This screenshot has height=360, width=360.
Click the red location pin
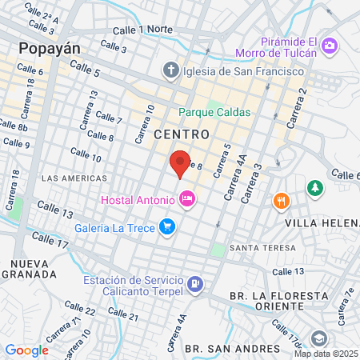pyautogui.click(x=181, y=163)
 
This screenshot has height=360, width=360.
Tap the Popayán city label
pyautogui.click(x=50, y=48)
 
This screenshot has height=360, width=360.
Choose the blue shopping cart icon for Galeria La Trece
pyautogui.click(x=166, y=227)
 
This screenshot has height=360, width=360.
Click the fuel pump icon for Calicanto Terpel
pyautogui.click(x=194, y=284)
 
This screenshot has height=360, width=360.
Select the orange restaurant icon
pyautogui.click(x=280, y=200)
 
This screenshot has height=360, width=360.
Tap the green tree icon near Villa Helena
pyautogui.click(x=315, y=188)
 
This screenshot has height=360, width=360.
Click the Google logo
pyautogui.click(x=26, y=350)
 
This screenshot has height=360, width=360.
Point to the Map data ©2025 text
pyautogui.click(x=326, y=354)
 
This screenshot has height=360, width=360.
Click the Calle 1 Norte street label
pyautogui.click(x=143, y=30)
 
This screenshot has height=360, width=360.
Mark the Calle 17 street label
pyautogui.click(x=50, y=238)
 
